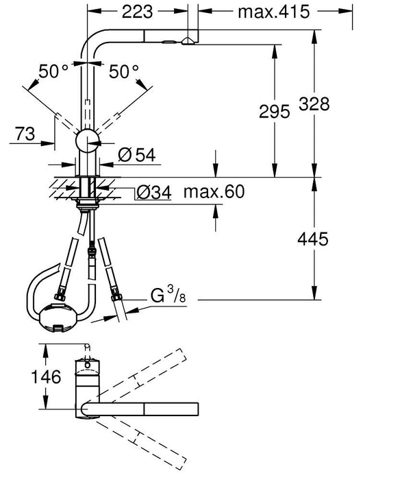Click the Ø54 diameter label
click(136, 155)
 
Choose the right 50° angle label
click(124, 70)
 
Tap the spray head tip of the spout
click(186, 43)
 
